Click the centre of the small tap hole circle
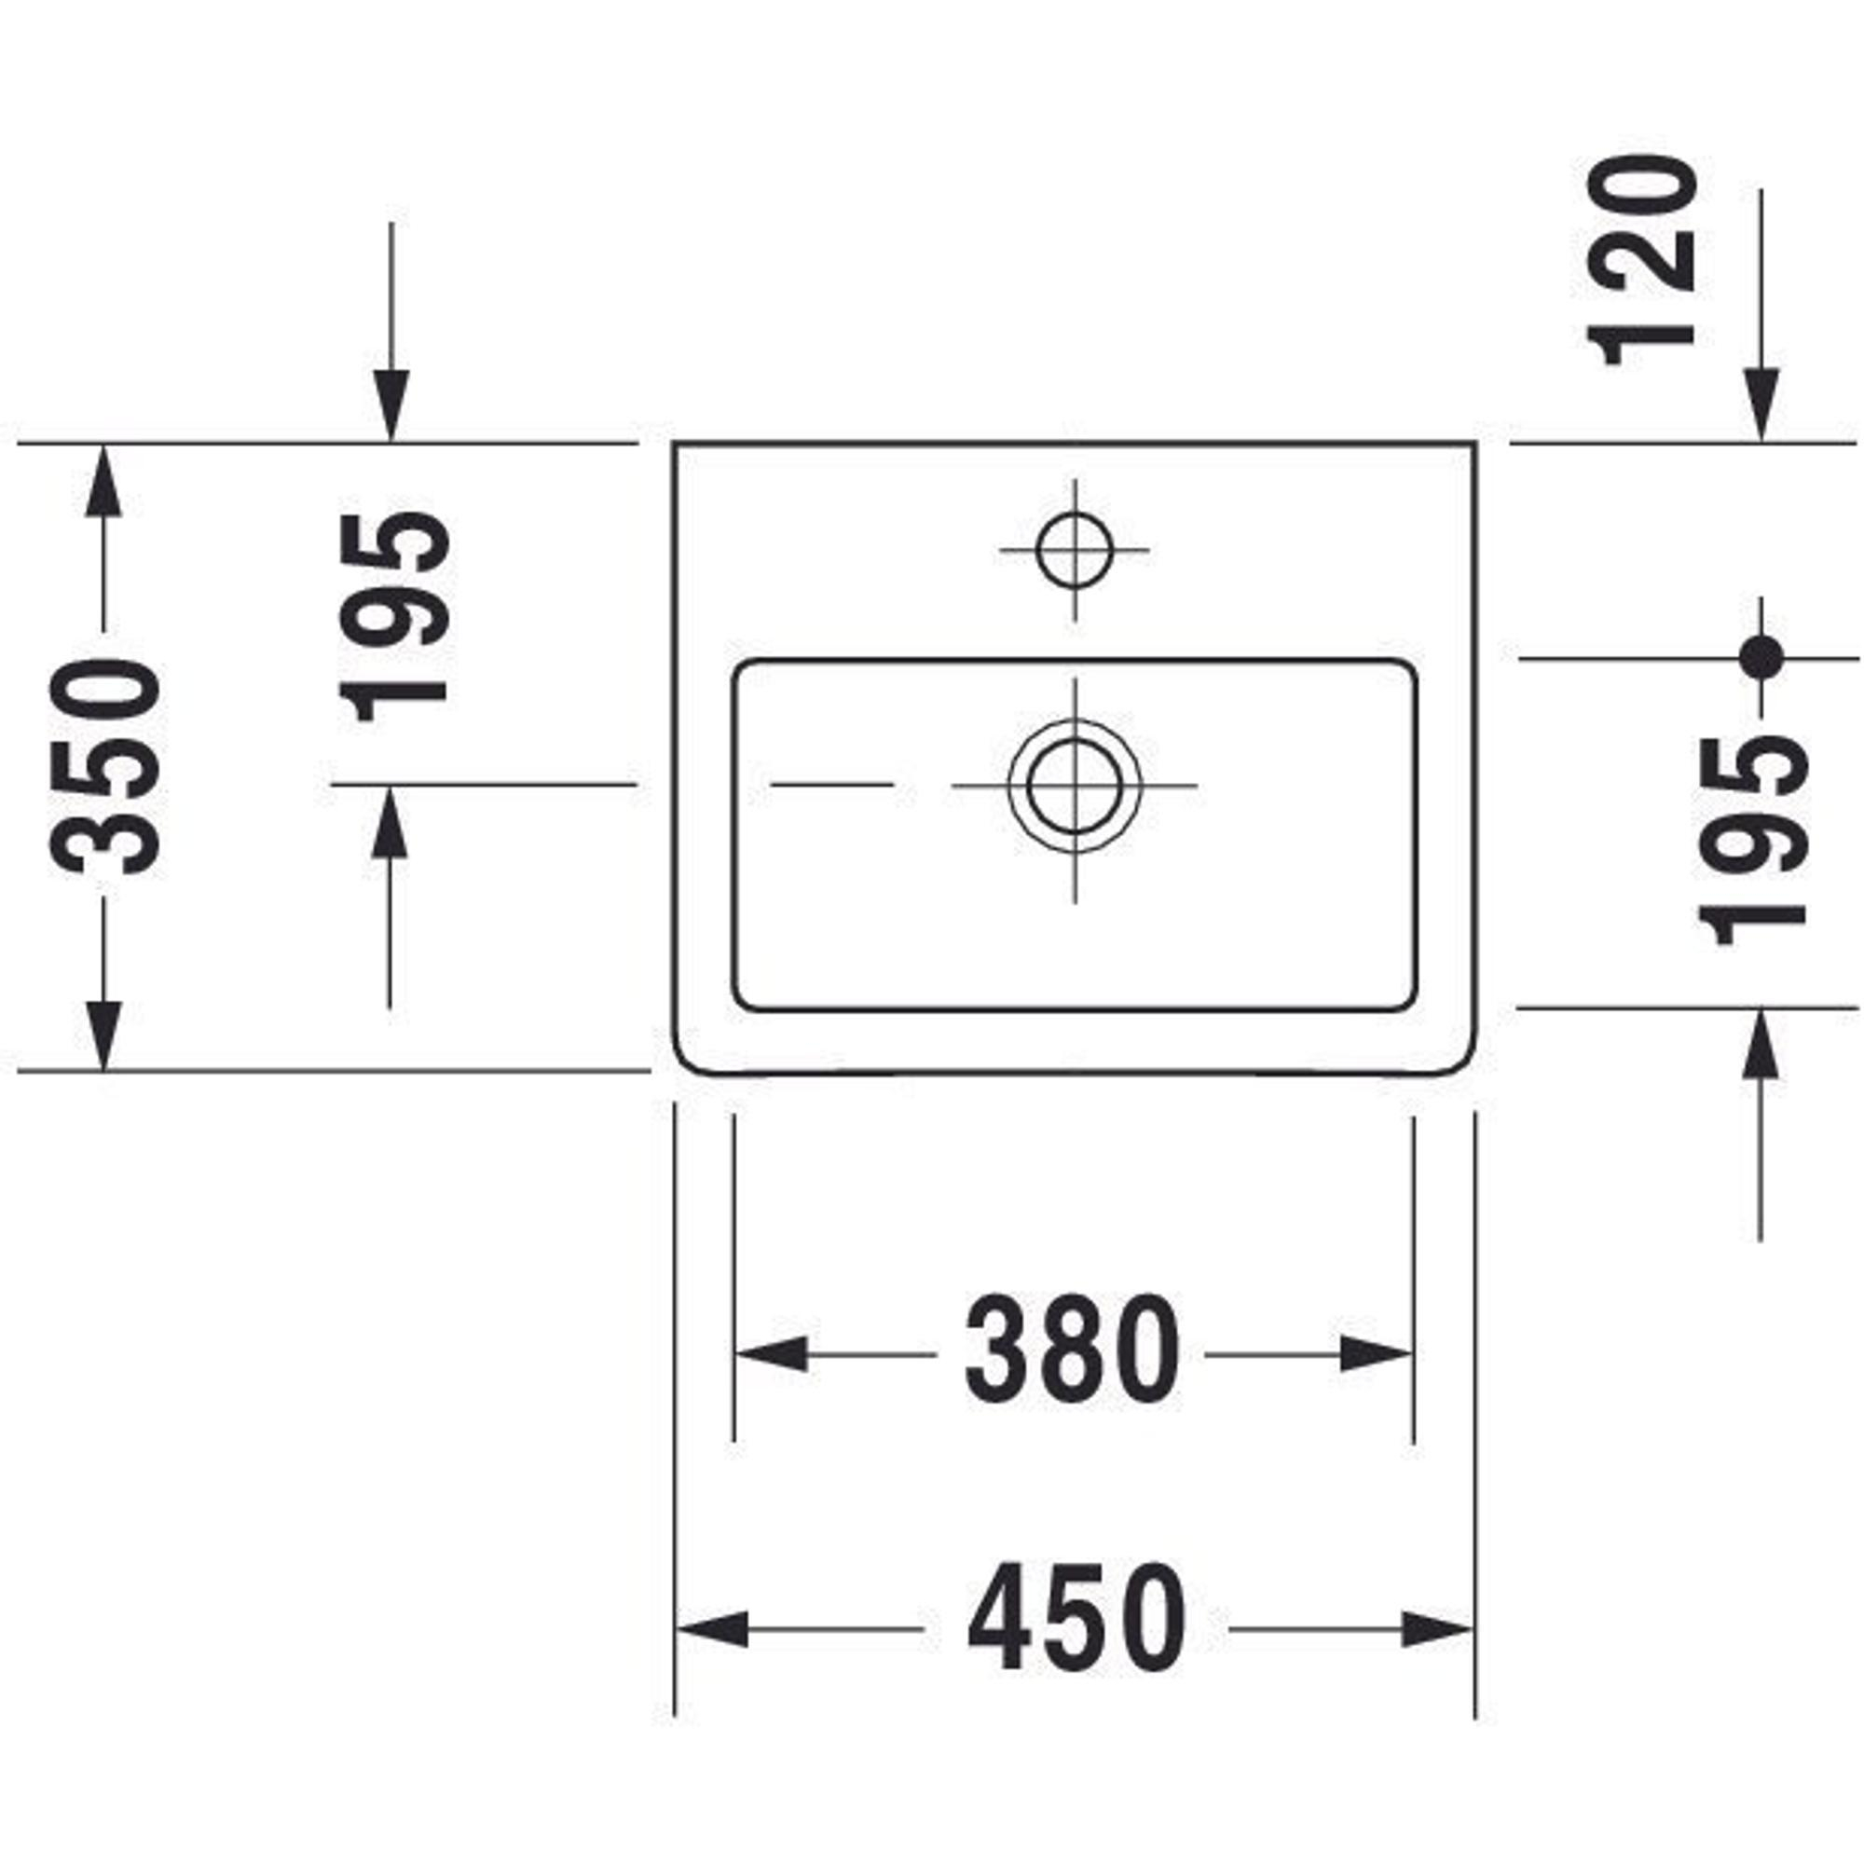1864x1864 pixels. point(1074,550)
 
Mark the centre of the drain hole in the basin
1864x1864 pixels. point(1075,786)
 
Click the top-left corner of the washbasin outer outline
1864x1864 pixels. point(675,443)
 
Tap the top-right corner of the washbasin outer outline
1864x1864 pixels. point(1475,443)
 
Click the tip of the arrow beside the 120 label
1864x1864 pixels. point(1761,442)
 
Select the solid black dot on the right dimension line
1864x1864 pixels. point(1761,659)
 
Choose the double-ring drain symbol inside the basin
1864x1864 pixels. point(1075,786)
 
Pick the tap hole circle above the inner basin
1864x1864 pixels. point(1074,550)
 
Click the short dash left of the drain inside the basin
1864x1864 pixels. point(831,786)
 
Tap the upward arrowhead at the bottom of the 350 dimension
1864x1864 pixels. point(104,1036)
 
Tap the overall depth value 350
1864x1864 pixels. point(105,767)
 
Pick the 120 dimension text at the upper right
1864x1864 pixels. point(1641,262)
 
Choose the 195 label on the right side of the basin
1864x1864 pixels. point(1750,839)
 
